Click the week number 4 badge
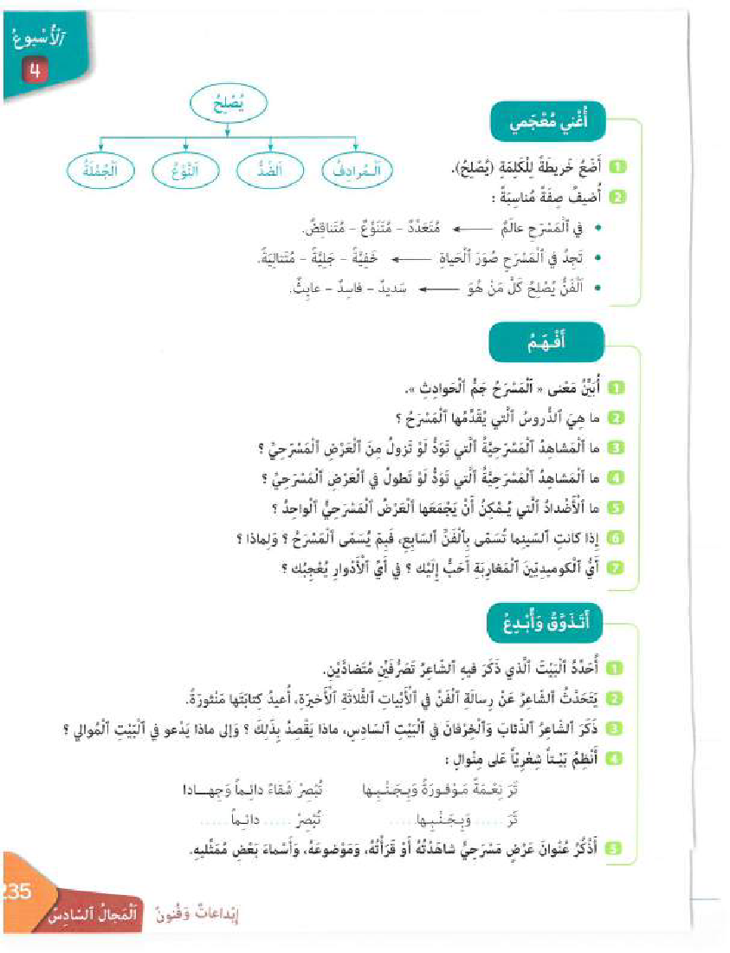pyautogui.click(x=36, y=73)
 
